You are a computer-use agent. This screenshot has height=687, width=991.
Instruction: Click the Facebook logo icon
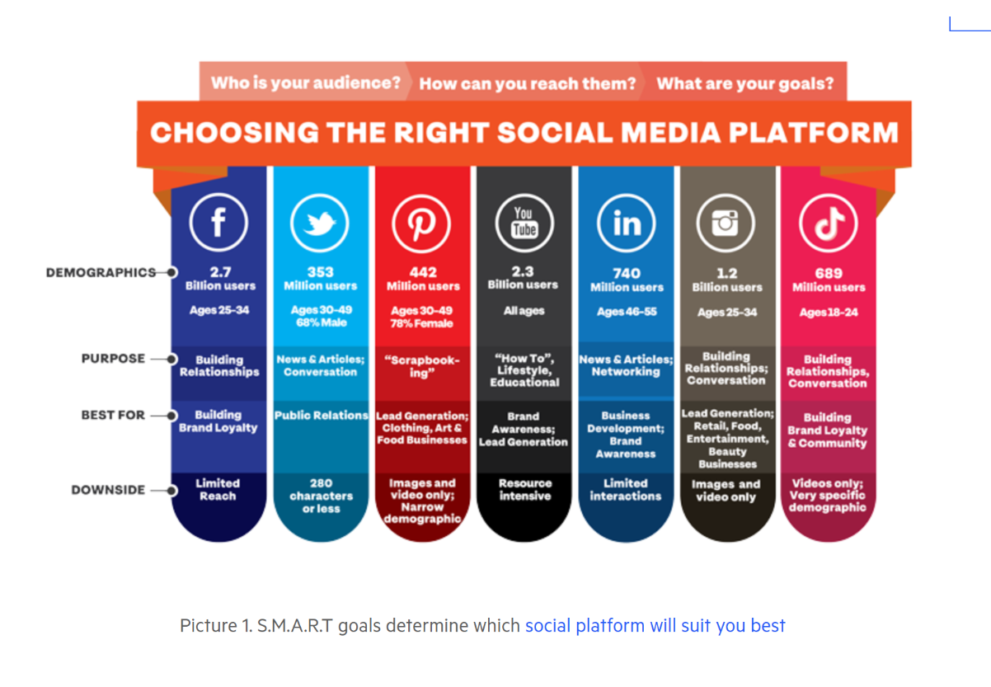point(218,222)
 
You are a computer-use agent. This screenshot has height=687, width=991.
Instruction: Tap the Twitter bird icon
point(320,223)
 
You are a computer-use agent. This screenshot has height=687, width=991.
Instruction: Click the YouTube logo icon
point(524,223)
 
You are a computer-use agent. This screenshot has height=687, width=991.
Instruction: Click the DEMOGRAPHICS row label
point(101,272)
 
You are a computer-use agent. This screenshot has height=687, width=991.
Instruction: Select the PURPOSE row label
point(113,358)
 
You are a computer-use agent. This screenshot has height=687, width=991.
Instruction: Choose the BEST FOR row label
point(113,415)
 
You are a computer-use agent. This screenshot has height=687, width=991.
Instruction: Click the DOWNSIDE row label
point(108,490)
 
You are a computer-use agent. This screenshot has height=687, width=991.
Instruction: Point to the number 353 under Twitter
point(321,272)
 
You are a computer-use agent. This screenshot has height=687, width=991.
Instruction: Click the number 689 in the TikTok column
point(829,273)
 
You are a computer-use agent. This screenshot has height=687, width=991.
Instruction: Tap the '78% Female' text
point(421,323)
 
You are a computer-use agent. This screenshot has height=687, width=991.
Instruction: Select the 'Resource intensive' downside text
point(525,489)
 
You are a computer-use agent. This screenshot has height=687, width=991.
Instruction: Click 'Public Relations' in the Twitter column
point(322,415)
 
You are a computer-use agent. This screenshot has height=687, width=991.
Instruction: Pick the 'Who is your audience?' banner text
point(306,82)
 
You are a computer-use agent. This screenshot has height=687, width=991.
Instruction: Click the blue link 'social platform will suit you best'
point(655,625)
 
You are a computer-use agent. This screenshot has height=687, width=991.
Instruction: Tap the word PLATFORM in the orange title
point(813,132)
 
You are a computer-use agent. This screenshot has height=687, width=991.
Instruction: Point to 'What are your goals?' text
point(745,83)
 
